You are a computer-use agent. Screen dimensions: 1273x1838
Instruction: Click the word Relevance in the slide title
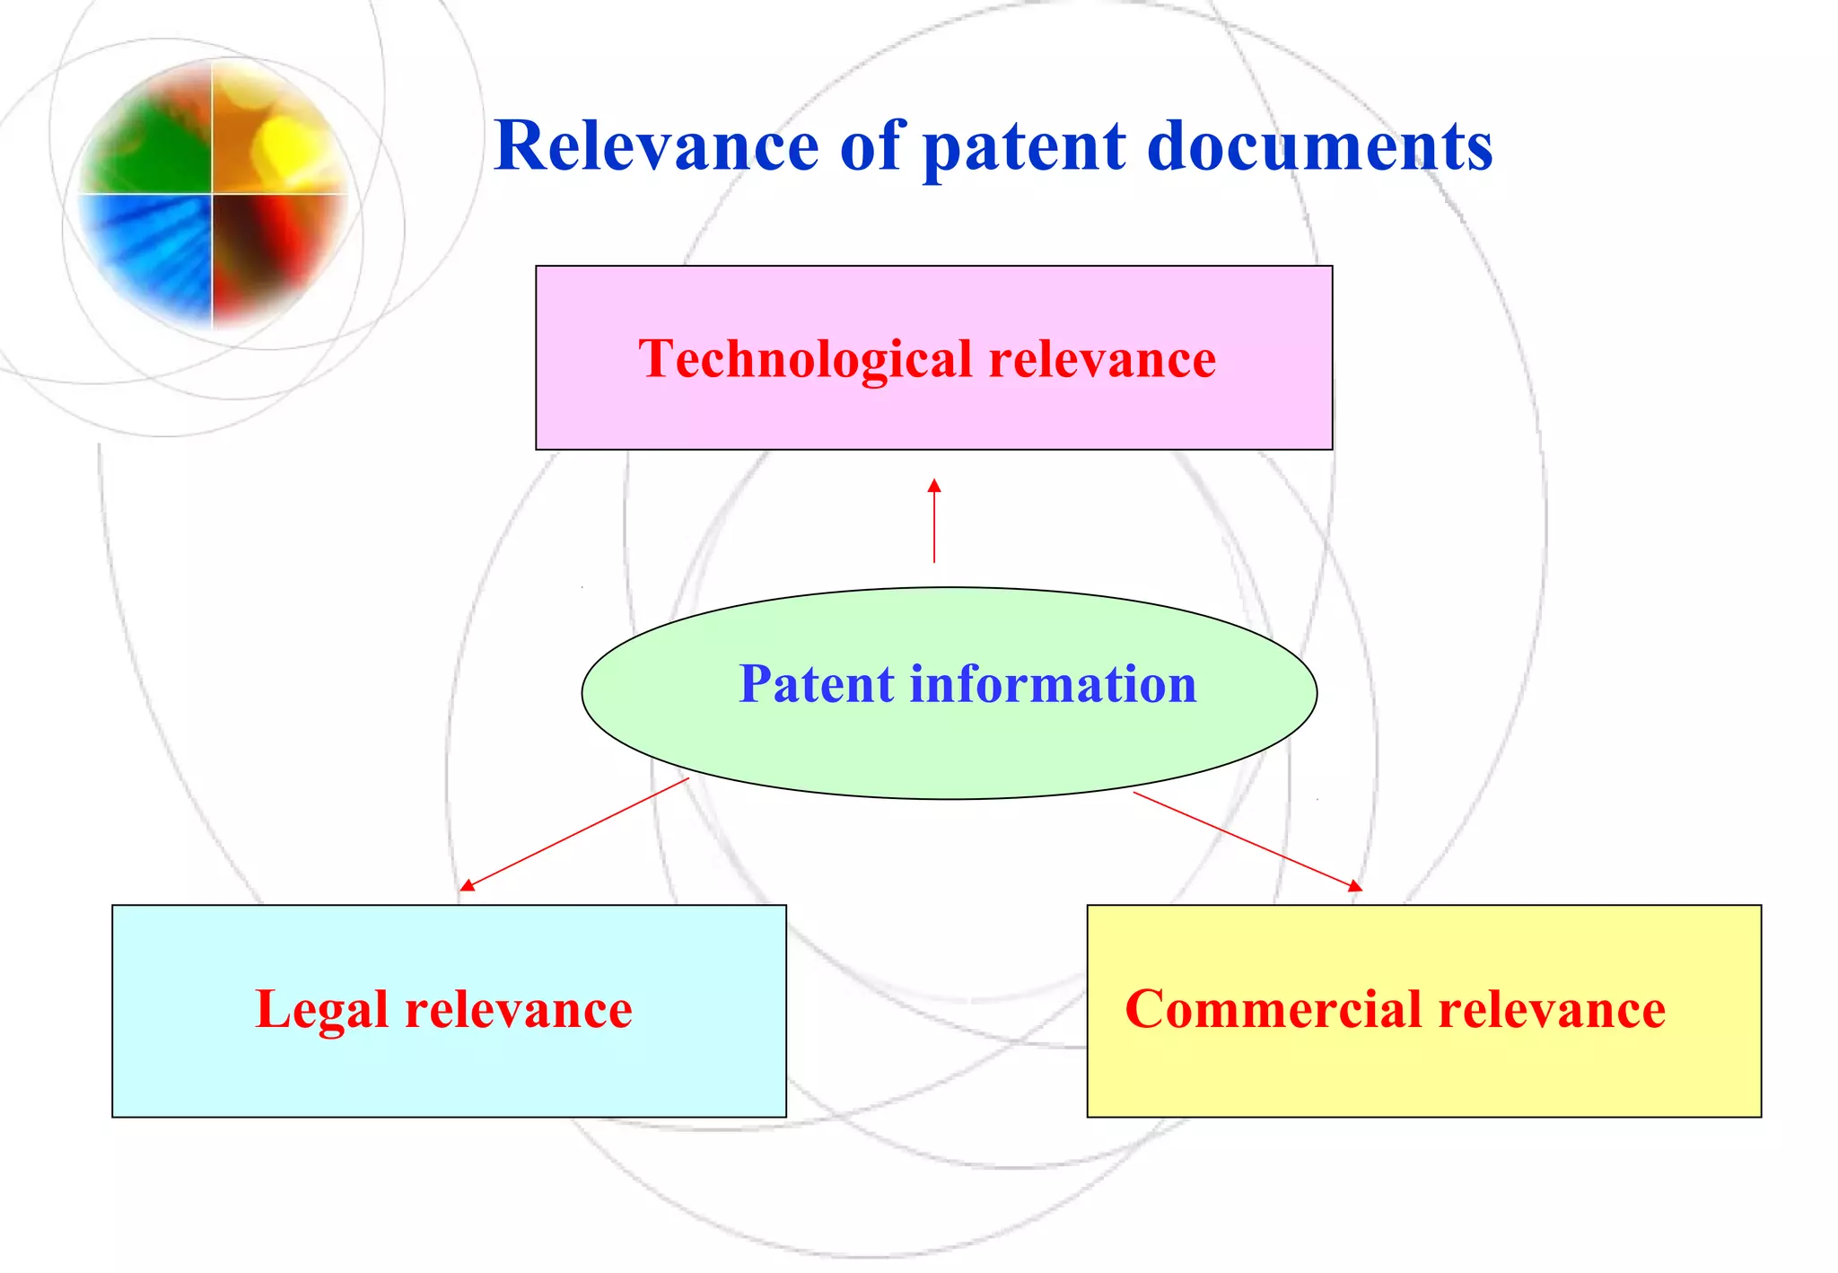click(656, 146)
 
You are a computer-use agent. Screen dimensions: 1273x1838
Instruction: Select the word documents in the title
click(1319, 146)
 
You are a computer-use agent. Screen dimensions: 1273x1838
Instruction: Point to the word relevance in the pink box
click(1101, 359)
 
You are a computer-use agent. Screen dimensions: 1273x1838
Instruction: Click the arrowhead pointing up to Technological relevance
click(934, 486)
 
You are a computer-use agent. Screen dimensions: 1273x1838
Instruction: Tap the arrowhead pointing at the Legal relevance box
click(466, 886)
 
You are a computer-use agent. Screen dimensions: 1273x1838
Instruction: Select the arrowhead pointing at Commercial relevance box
click(1355, 886)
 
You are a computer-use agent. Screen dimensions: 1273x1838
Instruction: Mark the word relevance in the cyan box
click(518, 1010)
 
